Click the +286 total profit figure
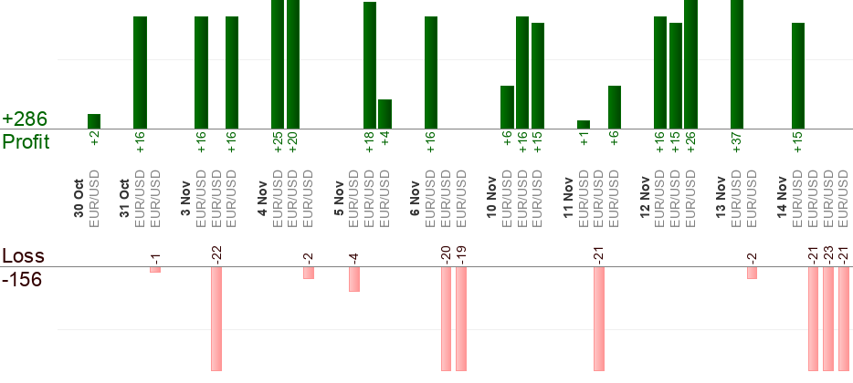[24, 119]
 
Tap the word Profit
[26, 142]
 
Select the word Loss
[24, 256]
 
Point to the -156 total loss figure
[22, 280]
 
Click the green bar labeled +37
[737, 64]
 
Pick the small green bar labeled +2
[94, 121]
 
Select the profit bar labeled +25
[278, 64]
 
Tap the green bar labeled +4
[384, 114]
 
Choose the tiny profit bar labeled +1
[584, 125]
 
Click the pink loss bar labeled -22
[216, 319]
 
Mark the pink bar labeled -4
[354, 279]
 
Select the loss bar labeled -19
[461, 319]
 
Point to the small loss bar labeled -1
[155, 270]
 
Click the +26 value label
[690, 143]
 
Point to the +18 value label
[370, 143]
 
